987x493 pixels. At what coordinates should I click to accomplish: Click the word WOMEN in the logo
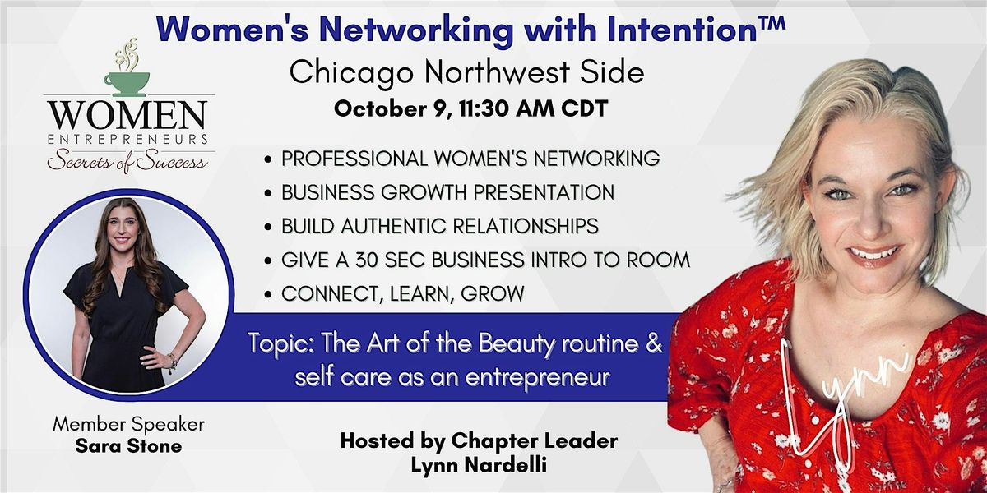point(127,115)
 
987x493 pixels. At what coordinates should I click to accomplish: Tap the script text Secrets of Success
point(127,161)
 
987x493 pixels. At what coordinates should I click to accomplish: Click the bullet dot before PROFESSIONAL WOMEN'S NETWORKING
point(267,159)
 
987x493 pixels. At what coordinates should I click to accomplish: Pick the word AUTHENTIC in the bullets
point(394,226)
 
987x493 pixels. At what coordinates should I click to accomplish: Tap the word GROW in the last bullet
point(492,293)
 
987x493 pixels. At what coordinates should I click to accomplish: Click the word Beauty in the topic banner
point(515,344)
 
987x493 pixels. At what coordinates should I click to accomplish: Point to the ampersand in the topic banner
point(654,343)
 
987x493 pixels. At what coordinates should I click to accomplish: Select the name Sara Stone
point(128,446)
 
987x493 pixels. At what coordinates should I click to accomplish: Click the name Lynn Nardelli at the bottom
point(479,465)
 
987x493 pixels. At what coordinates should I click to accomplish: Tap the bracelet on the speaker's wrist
point(173,363)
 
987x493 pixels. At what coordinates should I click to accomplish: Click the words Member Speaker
point(128,424)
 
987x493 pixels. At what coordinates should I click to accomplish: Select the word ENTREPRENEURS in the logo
point(127,140)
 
